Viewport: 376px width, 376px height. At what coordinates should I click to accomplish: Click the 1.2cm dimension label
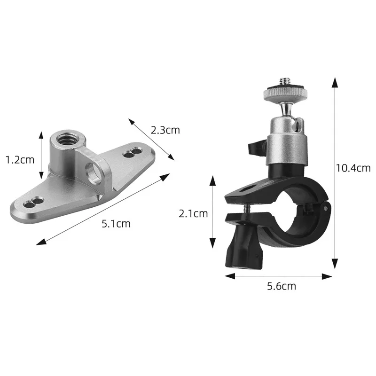coord(20,159)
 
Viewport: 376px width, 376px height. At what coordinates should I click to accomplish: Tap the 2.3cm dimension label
coord(165,130)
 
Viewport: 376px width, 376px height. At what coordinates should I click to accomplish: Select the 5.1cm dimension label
coord(116,224)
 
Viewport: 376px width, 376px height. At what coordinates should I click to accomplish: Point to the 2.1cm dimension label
coord(193,213)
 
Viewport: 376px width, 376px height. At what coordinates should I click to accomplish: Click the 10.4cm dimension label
coord(353,168)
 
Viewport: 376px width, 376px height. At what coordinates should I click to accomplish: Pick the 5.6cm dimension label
coord(282,286)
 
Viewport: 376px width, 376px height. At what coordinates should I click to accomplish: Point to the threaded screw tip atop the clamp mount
coord(284,84)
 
